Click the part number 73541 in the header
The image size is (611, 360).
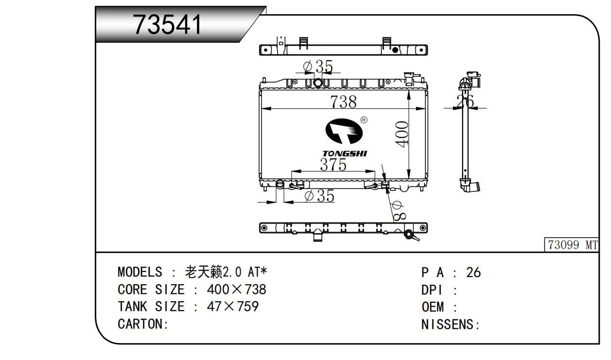(x=168, y=24)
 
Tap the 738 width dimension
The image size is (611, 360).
(x=343, y=102)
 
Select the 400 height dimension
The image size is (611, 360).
(x=402, y=134)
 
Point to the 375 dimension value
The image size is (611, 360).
(x=333, y=165)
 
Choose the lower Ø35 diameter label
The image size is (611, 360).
(x=319, y=196)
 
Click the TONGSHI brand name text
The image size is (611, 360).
(x=345, y=154)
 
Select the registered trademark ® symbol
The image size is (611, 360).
(x=364, y=120)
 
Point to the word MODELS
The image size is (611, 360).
(x=140, y=272)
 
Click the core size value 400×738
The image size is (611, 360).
(x=236, y=290)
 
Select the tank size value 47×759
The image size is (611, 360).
(x=232, y=307)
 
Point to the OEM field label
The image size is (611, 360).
(x=432, y=308)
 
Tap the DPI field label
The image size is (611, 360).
(x=432, y=290)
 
